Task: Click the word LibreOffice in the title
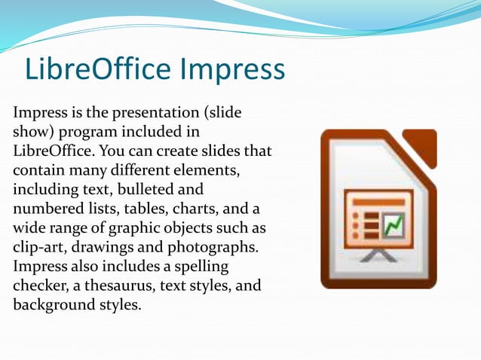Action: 98,69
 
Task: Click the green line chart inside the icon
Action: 394,224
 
